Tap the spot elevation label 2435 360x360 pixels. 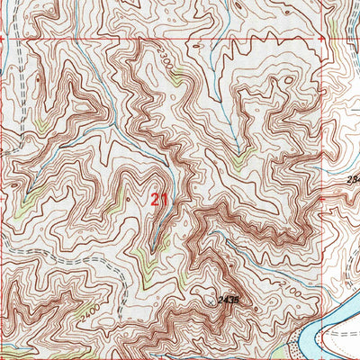click(x=229, y=300)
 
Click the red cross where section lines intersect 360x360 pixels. click(x=321, y=40)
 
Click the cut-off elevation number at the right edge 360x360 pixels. click(x=353, y=181)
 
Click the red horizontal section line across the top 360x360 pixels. click(x=180, y=40)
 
